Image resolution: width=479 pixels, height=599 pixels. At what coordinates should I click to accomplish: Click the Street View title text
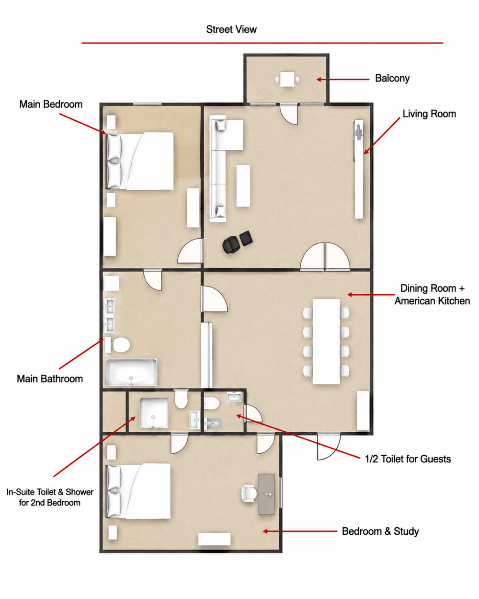pyautogui.click(x=231, y=30)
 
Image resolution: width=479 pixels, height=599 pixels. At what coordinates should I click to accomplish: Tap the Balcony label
pyautogui.click(x=392, y=79)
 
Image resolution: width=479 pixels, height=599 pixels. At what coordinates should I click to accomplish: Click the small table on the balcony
pyautogui.click(x=287, y=80)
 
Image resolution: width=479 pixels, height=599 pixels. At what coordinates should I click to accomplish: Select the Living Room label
pyautogui.click(x=429, y=114)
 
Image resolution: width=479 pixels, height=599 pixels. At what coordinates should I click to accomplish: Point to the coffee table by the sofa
pyautogui.click(x=243, y=185)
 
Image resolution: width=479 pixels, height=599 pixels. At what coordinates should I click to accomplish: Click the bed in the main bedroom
pyautogui.click(x=139, y=161)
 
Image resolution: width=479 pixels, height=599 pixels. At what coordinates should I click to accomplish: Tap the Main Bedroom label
pyautogui.click(x=51, y=104)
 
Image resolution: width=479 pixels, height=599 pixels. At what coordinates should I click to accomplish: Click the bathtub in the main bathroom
pyautogui.click(x=131, y=372)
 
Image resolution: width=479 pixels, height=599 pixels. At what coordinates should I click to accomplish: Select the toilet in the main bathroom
pyautogui.click(x=118, y=345)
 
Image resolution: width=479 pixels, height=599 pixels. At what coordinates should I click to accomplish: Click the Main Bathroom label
pyautogui.click(x=50, y=379)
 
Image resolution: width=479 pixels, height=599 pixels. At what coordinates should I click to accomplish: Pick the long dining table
pyautogui.click(x=326, y=342)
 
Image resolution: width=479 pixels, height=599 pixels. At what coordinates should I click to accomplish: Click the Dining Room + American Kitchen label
pyautogui.click(x=432, y=295)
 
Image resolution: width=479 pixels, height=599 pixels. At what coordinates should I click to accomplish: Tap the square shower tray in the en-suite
pyautogui.click(x=154, y=413)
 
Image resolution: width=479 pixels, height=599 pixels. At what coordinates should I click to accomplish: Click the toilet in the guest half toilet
pyautogui.click(x=212, y=403)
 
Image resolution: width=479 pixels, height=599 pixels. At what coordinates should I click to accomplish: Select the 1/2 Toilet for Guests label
pyautogui.click(x=408, y=459)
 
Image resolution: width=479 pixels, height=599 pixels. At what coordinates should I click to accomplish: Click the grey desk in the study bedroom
pyautogui.click(x=266, y=494)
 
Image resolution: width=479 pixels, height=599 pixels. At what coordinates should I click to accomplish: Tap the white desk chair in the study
pyautogui.click(x=249, y=494)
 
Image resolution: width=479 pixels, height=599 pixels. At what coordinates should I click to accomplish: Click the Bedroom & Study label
pyautogui.click(x=380, y=531)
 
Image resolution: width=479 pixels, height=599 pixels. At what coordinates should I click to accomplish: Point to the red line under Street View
pyautogui.click(x=262, y=43)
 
